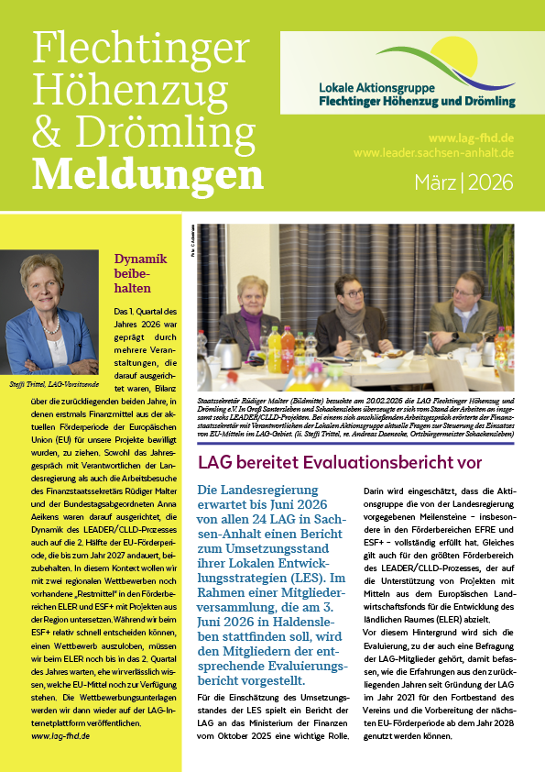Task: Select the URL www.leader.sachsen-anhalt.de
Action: pyautogui.click(x=432, y=153)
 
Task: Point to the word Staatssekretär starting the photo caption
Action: pyautogui.click(x=223, y=401)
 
